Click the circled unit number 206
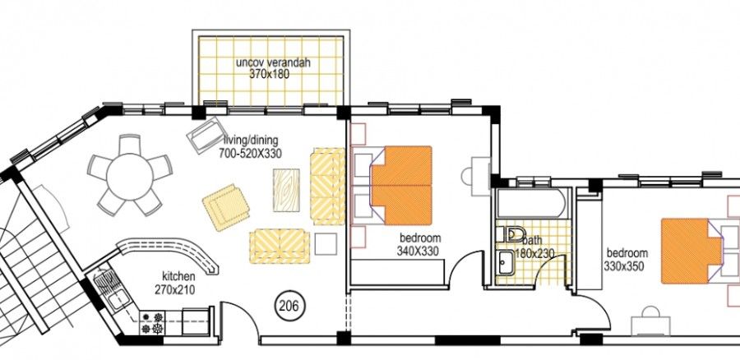click(x=289, y=306)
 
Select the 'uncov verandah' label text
click(x=274, y=62)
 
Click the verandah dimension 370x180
click(x=269, y=74)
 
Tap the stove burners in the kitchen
click(x=152, y=322)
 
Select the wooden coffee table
click(x=286, y=190)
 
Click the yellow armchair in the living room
click(x=225, y=206)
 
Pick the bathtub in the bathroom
click(x=531, y=202)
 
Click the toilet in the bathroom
click(x=511, y=234)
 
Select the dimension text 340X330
click(x=418, y=252)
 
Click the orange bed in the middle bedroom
click(x=401, y=185)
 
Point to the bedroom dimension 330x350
click(x=625, y=265)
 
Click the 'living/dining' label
click(x=251, y=140)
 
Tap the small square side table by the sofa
click(x=326, y=244)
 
